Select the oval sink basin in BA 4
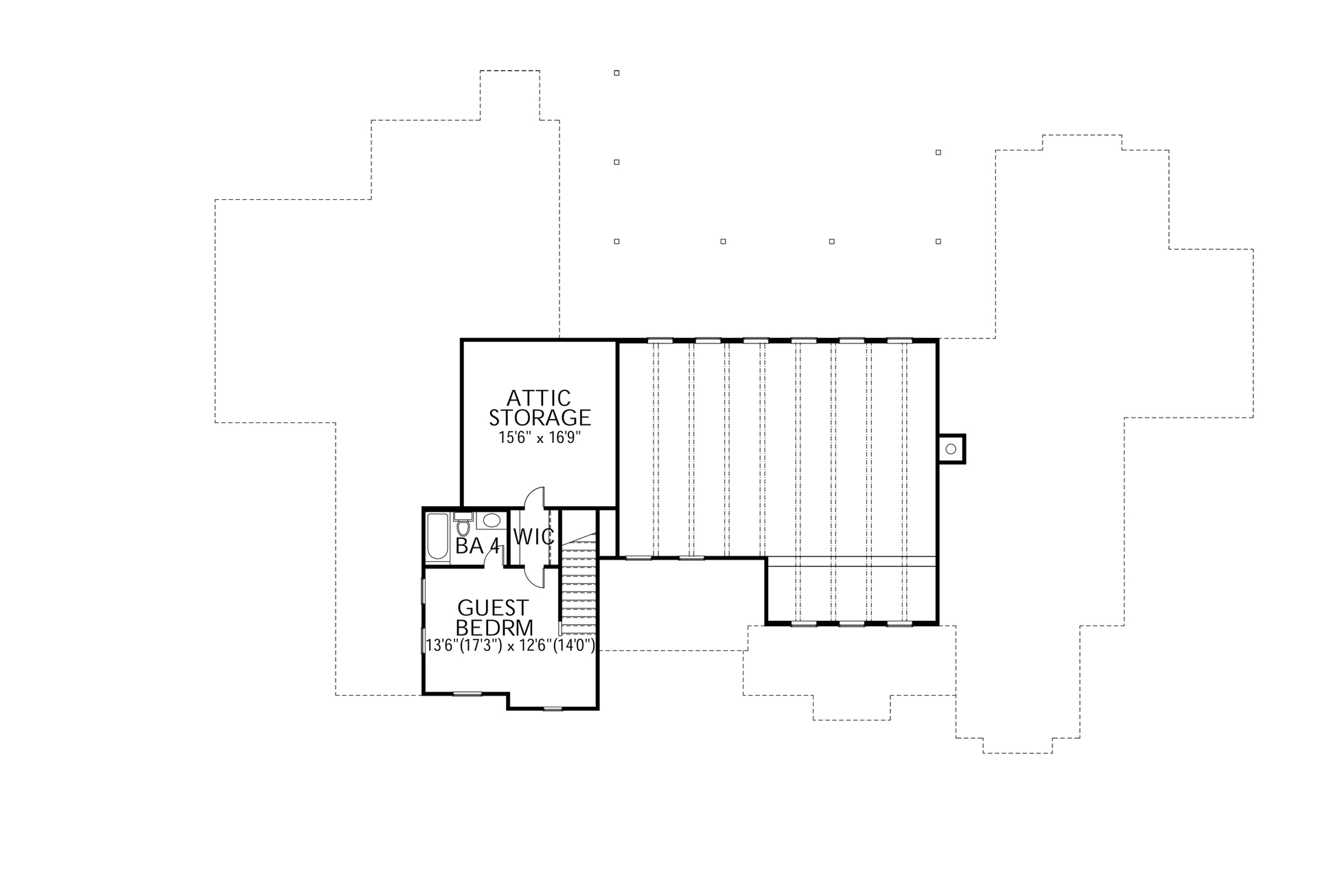[x=492, y=520]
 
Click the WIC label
[x=534, y=537]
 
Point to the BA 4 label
[x=478, y=547]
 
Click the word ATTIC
[x=539, y=398]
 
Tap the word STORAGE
[x=540, y=418]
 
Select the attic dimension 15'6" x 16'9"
[x=540, y=437]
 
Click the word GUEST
[x=493, y=608]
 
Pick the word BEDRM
[x=494, y=628]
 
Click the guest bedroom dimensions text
[x=509, y=646]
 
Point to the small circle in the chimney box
[x=951, y=449]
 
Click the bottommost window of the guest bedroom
[x=553, y=708]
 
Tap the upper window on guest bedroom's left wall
[x=423, y=591]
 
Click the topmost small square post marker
[x=616, y=73]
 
